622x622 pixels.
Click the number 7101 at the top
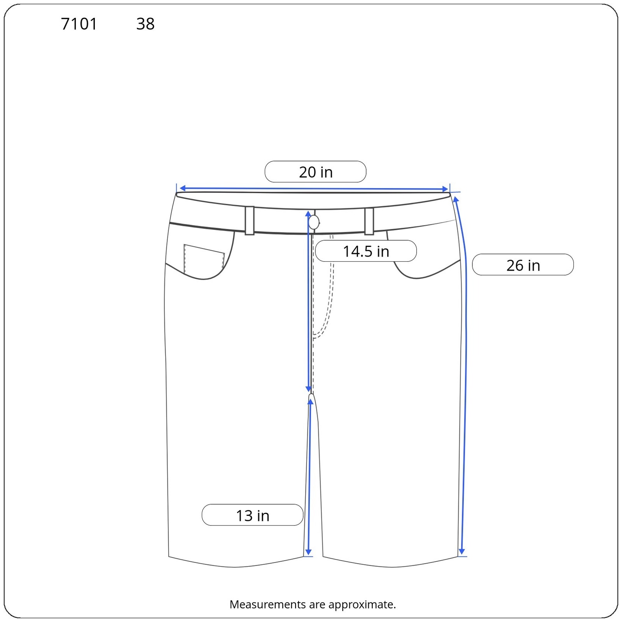tap(79, 24)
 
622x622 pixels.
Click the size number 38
tap(145, 24)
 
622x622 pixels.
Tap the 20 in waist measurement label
tap(316, 172)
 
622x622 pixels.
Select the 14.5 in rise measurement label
tap(366, 252)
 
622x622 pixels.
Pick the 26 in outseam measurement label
tap(523, 266)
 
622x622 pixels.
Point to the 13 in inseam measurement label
tap(253, 515)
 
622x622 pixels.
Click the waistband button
tap(314, 222)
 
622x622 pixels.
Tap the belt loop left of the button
tap(250, 220)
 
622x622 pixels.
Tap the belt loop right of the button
tap(369, 221)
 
